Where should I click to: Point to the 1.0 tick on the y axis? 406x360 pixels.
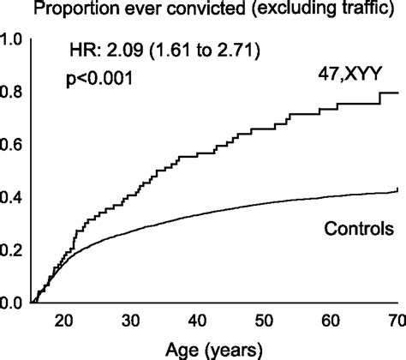12,39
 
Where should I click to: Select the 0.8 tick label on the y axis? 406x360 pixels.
12,92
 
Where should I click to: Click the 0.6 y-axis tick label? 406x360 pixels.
12,145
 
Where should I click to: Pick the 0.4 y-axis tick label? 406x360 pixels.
12,198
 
